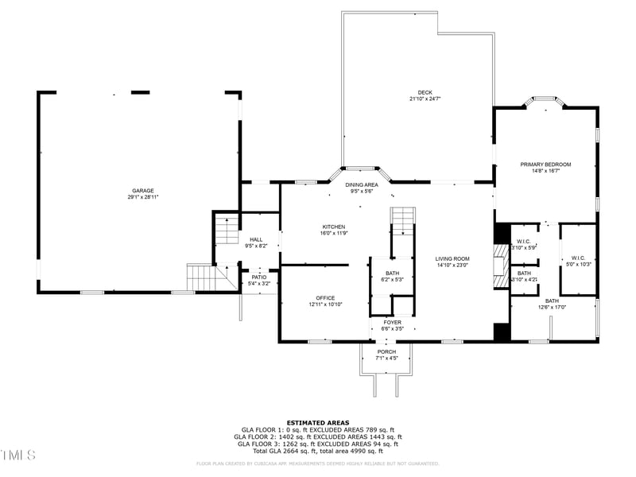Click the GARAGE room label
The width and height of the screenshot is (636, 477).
[143, 191]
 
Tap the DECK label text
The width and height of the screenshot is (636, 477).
[425, 92]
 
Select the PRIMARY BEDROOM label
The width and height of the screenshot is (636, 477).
[545, 165]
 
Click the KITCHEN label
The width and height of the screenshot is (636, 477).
[334, 226]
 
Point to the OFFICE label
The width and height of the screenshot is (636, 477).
[324, 298]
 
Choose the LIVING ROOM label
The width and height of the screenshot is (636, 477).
[452, 258]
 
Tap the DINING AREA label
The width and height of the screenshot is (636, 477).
[362, 184]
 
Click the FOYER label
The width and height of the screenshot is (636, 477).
[392, 322]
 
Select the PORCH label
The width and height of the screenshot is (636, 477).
[386, 352]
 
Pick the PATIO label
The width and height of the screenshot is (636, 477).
[259, 277]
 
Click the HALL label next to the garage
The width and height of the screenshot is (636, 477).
[256, 239]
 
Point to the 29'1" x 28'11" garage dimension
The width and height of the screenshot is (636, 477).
[143, 197]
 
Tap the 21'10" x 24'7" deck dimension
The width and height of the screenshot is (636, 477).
[425, 99]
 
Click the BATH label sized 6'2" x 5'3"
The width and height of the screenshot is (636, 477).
[393, 273]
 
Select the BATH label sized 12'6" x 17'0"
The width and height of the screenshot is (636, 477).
[552, 301]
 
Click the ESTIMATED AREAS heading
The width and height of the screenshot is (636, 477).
[318, 423]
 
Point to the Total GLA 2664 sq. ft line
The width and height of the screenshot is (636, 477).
[318, 451]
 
